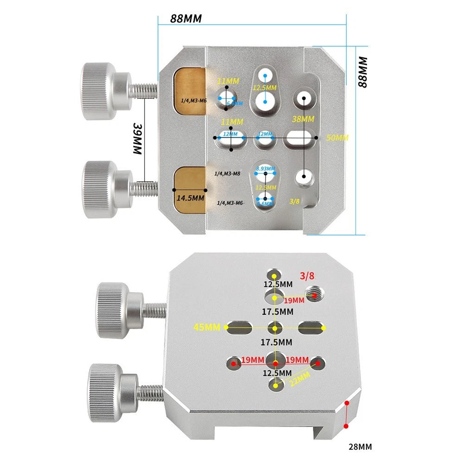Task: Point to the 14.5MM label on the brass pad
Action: point(190,197)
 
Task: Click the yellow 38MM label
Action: point(303,119)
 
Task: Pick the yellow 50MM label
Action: point(337,138)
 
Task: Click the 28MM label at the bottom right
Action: point(360,447)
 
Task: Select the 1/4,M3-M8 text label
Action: point(228,173)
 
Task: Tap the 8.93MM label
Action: point(265,169)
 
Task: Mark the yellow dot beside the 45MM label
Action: point(227,328)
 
